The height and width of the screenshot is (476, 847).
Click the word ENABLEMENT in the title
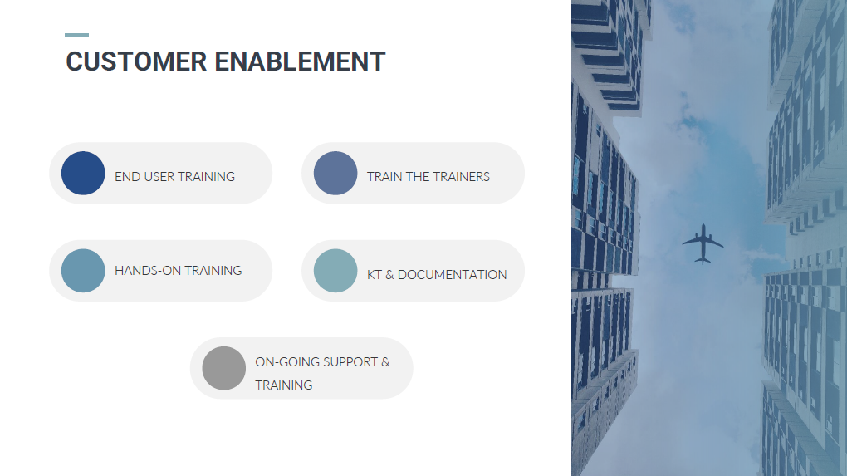point(300,61)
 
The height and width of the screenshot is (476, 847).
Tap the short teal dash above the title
point(76,35)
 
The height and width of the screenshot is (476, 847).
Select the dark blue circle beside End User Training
point(83,173)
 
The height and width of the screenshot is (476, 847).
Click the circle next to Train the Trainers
point(335,173)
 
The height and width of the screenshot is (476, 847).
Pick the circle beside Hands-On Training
point(83,271)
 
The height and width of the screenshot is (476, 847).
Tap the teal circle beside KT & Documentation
point(335,271)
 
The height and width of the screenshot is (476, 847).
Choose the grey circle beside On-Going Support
point(224,368)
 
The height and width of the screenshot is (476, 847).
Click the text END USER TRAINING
point(174,177)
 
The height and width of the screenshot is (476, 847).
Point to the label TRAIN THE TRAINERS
point(428,177)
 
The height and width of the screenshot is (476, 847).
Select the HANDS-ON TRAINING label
point(179,271)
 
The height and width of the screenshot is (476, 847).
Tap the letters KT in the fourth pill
point(375,275)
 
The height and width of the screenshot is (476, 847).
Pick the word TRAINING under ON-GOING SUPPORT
point(284,385)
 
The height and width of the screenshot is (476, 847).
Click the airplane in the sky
point(703,243)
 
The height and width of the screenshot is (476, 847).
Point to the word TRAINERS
point(461,177)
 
